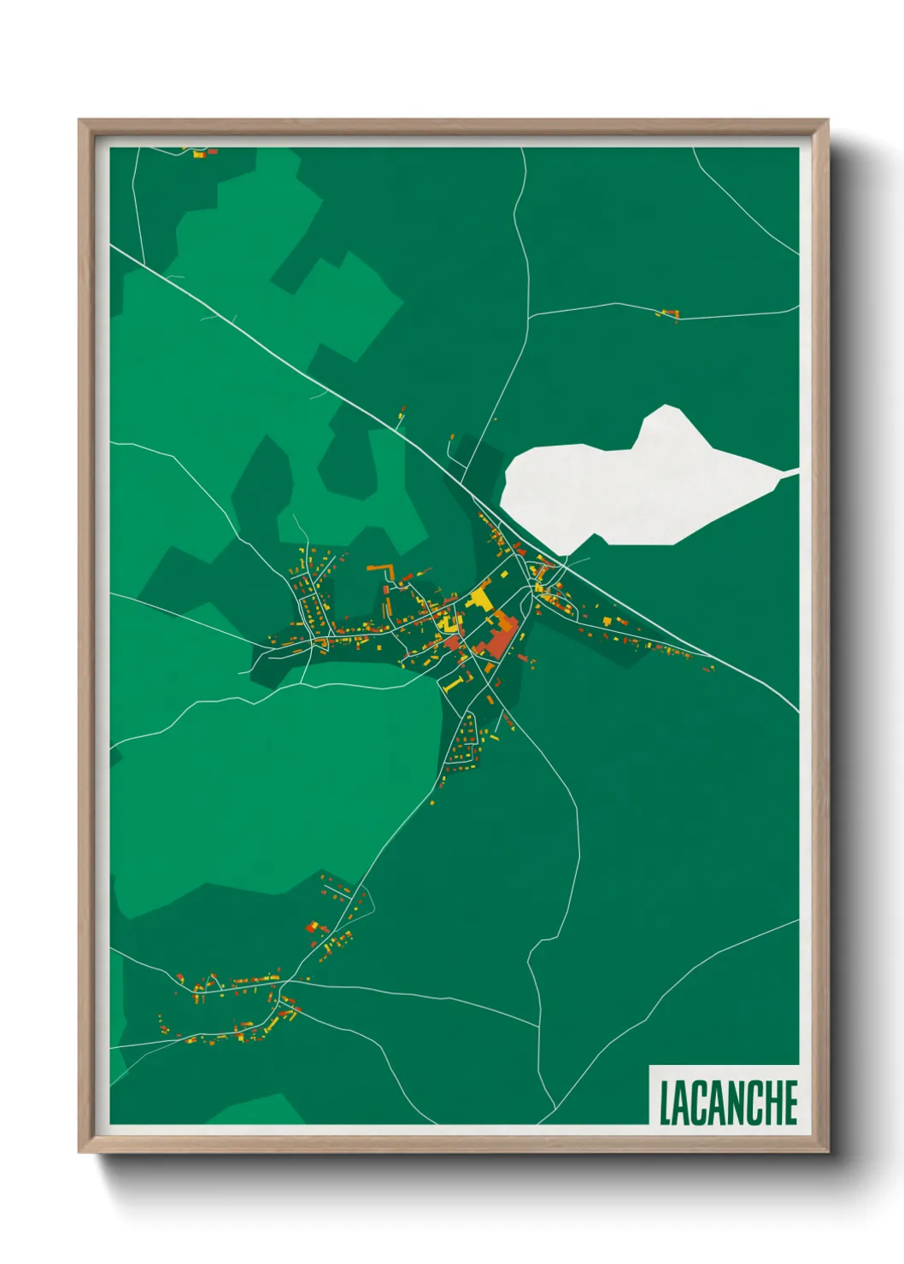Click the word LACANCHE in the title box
(728, 1102)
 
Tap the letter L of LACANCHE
(665, 1103)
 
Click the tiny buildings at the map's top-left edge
(202, 153)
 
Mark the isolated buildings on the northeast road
(669, 314)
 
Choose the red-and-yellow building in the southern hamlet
(317, 928)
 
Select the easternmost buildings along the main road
(707, 667)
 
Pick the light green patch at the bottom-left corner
(256, 1110)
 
